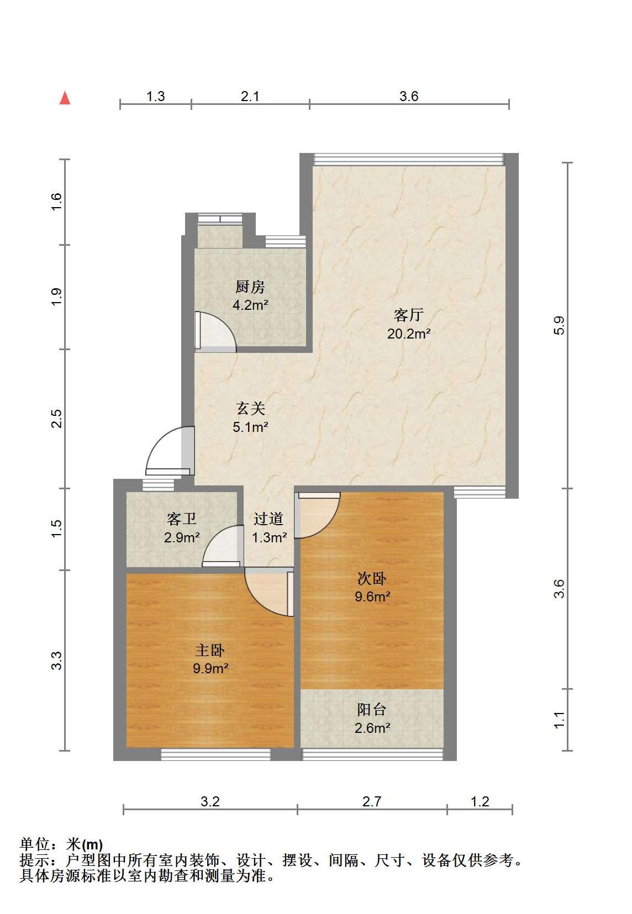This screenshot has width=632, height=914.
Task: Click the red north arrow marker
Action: click(x=65, y=98)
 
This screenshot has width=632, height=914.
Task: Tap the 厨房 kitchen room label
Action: click(x=250, y=287)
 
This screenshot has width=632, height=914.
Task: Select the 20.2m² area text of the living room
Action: click(x=409, y=334)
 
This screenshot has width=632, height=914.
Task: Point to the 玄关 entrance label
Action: click(x=250, y=409)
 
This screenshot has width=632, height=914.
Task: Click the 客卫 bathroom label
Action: click(x=182, y=519)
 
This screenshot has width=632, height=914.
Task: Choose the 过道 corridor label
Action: click(x=268, y=519)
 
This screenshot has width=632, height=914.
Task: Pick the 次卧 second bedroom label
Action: click(x=372, y=578)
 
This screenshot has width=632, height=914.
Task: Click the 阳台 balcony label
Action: click(x=372, y=710)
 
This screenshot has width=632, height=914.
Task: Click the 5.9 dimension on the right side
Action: click(x=559, y=325)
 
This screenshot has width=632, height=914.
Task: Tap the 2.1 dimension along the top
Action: click(x=250, y=96)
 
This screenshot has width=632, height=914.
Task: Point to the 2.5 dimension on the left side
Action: click(x=56, y=418)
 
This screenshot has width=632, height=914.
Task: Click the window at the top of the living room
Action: click(x=409, y=160)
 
